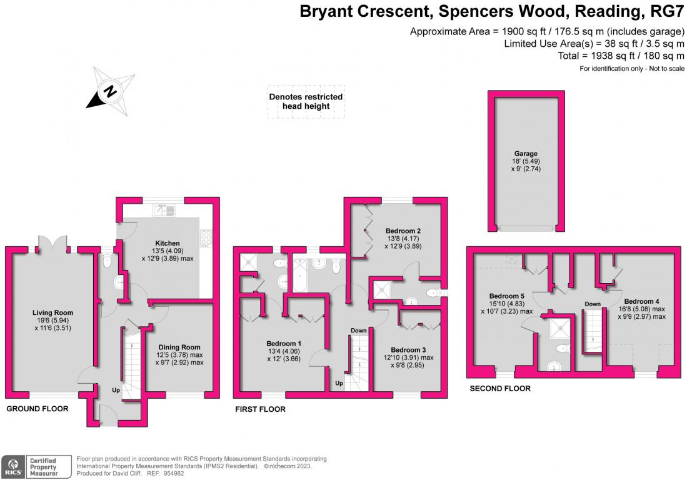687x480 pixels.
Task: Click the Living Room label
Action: coord(53,312)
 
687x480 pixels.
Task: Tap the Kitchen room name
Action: coord(168,243)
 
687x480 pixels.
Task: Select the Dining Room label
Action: coord(179,347)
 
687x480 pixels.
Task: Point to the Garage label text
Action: coord(526,154)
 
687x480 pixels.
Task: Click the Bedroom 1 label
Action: coord(284,344)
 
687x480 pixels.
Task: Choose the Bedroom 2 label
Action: coord(403,231)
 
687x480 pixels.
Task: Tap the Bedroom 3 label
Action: coord(408,350)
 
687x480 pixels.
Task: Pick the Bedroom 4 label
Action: coord(641,301)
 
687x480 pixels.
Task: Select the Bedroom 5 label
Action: coord(507,296)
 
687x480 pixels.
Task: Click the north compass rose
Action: coord(110,91)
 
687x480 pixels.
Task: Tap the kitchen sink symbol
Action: coord(164,210)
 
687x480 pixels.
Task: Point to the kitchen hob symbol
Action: coord(206,237)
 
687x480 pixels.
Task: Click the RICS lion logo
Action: coord(14,467)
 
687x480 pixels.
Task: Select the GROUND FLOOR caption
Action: coord(38,409)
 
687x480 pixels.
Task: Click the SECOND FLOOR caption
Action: coord(500,389)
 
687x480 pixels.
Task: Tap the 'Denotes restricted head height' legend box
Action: coord(306,102)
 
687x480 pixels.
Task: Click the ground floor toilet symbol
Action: coord(107,261)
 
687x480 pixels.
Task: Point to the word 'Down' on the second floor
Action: coord(593,304)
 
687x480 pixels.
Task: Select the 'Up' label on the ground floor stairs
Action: coord(116,390)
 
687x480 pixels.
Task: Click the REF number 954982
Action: coord(174,473)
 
